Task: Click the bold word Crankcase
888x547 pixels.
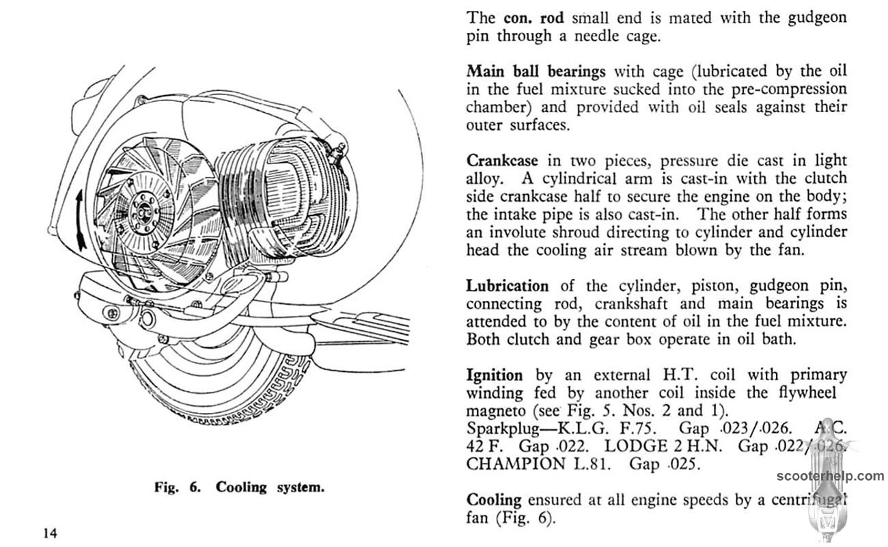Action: point(502,161)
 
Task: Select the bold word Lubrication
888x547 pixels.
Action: point(508,286)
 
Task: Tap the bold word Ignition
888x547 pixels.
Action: point(495,375)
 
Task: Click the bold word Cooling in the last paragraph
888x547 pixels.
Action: point(494,501)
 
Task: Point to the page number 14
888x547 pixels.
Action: point(51,533)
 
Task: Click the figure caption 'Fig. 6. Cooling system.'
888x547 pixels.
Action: point(240,488)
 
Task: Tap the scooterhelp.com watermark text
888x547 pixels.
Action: point(830,476)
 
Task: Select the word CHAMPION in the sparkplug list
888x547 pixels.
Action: point(516,464)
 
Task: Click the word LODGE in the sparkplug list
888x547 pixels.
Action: point(636,446)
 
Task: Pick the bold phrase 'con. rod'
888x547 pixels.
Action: point(533,18)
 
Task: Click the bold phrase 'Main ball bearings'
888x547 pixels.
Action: point(536,72)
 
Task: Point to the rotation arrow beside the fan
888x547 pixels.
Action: point(81,221)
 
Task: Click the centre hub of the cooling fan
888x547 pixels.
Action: point(141,213)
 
